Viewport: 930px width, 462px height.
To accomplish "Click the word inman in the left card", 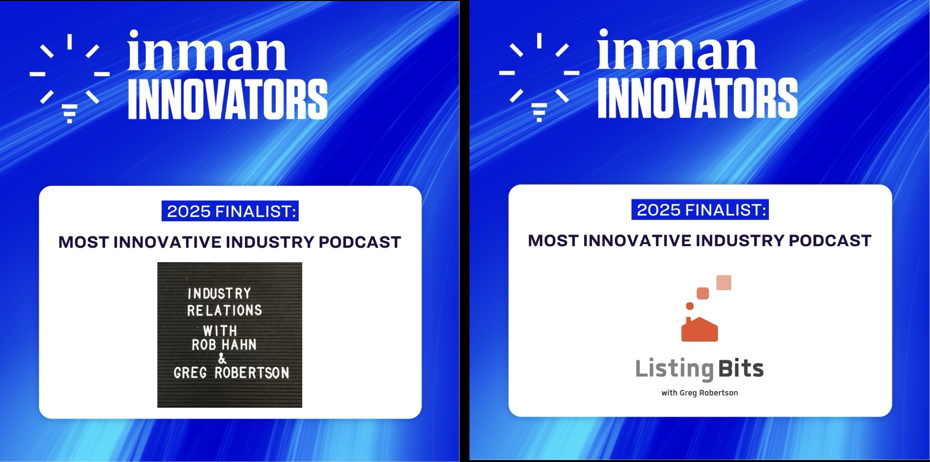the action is tap(207, 51).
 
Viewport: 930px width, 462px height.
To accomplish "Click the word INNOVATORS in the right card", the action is tap(697, 98).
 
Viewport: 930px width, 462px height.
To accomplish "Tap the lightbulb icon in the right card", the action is tap(539, 77).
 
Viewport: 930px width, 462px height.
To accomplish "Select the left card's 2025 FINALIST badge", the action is tap(230, 211).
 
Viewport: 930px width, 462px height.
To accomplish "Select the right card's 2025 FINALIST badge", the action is tap(700, 210).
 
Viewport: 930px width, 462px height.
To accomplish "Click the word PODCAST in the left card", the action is tap(360, 242).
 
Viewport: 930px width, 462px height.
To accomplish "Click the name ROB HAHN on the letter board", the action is tap(224, 345).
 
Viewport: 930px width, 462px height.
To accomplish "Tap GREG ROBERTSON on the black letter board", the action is tap(231, 373).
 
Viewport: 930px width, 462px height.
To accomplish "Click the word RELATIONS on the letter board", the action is tap(224, 310).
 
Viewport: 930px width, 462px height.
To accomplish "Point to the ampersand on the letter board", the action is tap(222, 358).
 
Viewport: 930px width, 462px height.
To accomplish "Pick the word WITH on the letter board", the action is tap(220, 331).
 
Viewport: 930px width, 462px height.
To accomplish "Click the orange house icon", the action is tap(700, 329).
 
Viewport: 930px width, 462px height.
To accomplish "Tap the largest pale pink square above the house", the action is tap(724, 282).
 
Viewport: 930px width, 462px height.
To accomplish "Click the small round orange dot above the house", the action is tap(690, 306).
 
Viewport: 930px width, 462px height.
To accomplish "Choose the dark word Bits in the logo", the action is tap(741, 369).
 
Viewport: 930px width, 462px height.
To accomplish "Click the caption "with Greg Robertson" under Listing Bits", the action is tap(700, 393).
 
